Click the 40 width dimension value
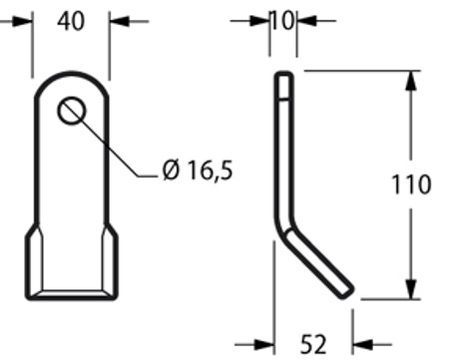click(71, 21)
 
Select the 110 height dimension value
click(411, 184)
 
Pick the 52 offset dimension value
click(313, 345)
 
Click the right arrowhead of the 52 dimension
click(361, 345)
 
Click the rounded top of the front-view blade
click(71, 74)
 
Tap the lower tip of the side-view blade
click(346, 289)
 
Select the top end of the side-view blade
click(284, 76)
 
